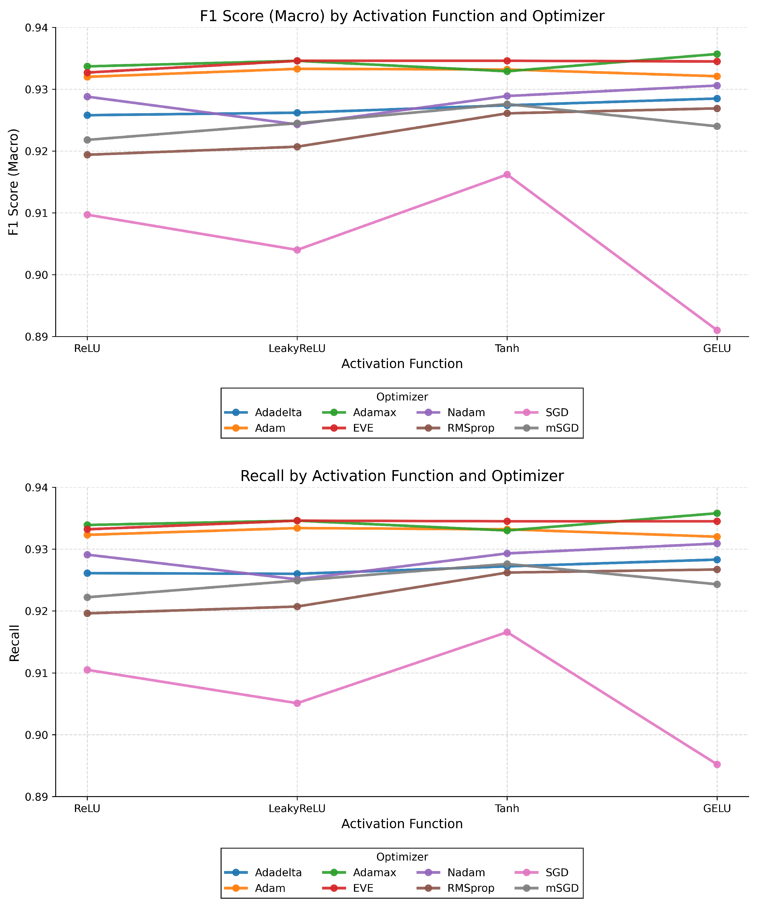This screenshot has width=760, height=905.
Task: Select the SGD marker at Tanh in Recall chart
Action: [x=507, y=632]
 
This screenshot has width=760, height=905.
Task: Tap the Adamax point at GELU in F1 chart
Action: [x=717, y=54]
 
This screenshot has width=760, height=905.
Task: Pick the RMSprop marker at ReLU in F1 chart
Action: [x=87, y=155]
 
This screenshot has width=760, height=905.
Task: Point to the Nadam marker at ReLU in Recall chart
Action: [x=87, y=555]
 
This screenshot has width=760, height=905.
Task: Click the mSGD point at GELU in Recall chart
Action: [x=717, y=584]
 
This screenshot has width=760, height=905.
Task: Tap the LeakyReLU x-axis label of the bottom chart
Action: [x=297, y=808]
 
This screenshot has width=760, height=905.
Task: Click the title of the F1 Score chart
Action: [x=402, y=16]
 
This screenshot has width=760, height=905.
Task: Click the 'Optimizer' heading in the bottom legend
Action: [x=402, y=857]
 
